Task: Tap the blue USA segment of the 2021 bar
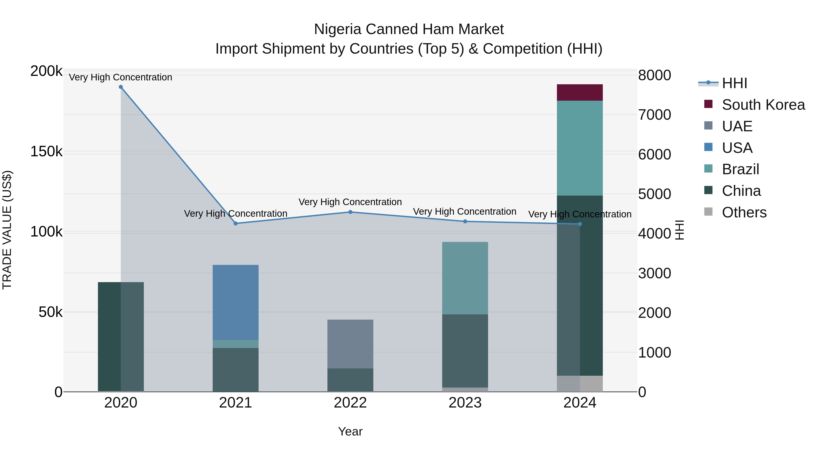(x=235, y=302)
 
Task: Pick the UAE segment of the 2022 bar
(x=350, y=344)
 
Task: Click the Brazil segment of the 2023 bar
(x=465, y=278)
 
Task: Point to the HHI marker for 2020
(x=121, y=87)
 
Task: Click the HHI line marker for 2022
(x=350, y=212)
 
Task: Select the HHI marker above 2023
(x=465, y=221)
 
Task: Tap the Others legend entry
(x=744, y=212)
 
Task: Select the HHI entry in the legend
(x=734, y=83)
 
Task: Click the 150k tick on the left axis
(x=46, y=152)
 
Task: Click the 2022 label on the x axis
(x=350, y=403)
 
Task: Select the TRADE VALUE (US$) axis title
(x=7, y=230)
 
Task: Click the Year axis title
(x=350, y=431)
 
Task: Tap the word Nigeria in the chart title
(x=338, y=29)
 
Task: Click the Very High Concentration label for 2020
(x=120, y=77)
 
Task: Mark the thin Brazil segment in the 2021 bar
(x=235, y=344)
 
